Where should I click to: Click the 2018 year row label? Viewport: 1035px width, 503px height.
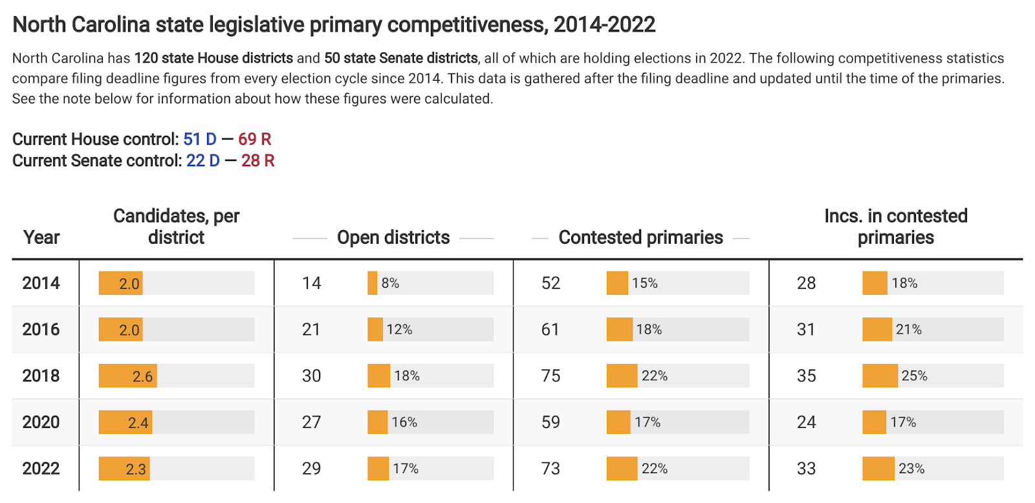(x=41, y=376)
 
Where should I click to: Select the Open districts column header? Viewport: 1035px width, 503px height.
(x=393, y=238)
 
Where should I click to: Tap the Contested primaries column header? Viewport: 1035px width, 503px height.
(x=640, y=238)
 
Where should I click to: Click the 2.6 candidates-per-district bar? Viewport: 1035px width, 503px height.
(x=128, y=376)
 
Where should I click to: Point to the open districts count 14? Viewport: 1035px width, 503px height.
(x=311, y=283)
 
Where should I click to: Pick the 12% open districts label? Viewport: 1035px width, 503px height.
(x=399, y=330)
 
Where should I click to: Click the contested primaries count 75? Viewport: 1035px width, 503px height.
(x=550, y=376)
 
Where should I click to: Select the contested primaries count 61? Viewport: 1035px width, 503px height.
(x=550, y=330)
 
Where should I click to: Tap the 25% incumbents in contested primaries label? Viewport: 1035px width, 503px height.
(x=914, y=376)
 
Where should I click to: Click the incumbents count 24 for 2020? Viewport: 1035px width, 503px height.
(x=806, y=422)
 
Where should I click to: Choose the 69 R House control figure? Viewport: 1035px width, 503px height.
(x=255, y=139)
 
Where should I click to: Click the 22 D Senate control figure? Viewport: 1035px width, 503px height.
(x=203, y=160)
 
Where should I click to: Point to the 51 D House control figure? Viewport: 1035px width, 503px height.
(x=200, y=139)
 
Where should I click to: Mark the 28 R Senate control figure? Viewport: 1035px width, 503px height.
(x=258, y=160)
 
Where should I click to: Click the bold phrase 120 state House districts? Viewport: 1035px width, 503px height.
(x=213, y=58)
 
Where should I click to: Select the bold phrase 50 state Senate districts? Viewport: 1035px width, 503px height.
(x=401, y=58)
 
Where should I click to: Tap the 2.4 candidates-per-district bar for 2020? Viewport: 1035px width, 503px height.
(x=125, y=422)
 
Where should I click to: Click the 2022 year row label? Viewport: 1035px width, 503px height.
(x=41, y=468)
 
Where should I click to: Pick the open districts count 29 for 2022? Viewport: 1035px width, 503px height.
(x=311, y=468)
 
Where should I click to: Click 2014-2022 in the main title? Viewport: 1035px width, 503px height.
(x=604, y=25)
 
